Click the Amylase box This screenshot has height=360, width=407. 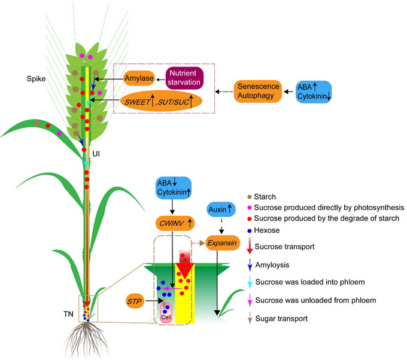tap(139, 78)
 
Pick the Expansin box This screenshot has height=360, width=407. tap(221, 243)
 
